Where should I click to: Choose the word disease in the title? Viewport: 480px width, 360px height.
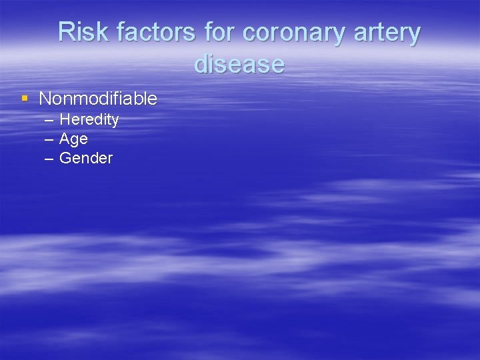pos(239,64)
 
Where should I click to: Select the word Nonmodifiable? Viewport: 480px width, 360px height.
pos(98,99)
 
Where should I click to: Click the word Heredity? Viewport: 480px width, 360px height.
pos(89,120)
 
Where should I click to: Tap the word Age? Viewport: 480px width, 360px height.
pos(73,139)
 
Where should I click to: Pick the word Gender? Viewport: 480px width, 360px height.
pos(86,158)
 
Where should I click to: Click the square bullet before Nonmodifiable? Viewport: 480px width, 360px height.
pos(25,99)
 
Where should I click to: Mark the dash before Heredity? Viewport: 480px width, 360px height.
pos(49,121)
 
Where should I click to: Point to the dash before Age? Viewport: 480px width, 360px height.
pos(49,139)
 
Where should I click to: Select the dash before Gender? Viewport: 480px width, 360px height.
pos(49,159)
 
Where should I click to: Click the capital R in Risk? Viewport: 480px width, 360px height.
pos(66,32)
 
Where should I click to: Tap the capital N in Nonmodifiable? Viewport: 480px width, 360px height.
pos(45,99)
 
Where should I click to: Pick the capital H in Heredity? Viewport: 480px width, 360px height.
pos(65,120)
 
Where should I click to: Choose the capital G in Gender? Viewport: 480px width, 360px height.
pos(65,158)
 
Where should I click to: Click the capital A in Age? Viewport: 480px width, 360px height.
pos(65,139)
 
